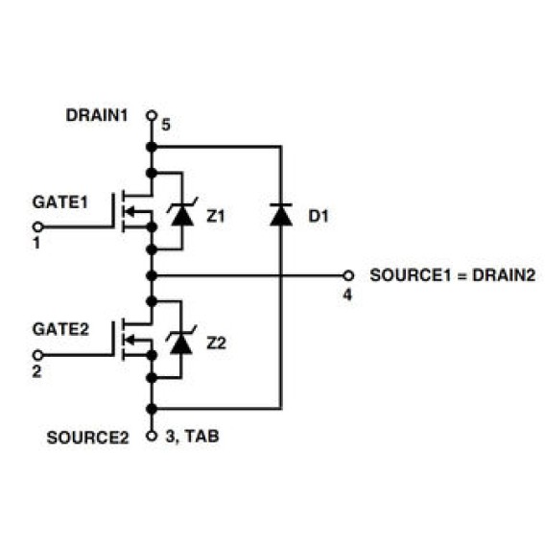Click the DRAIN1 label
[x=97, y=115]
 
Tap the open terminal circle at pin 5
[x=152, y=115]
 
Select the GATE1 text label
[x=60, y=202]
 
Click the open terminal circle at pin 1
[x=37, y=227]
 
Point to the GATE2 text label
[x=60, y=329]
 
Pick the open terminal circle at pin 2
[x=37, y=355]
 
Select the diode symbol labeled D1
[x=281, y=215]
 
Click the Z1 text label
[x=216, y=216]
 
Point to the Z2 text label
[x=216, y=344]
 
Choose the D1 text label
[x=319, y=216]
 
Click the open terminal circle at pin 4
[x=348, y=275]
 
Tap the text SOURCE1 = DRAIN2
[x=453, y=275]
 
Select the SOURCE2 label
[x=87, y=438]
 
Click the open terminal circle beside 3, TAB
[x=152, y=436]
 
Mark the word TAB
[x=201, y=437]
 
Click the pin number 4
[x=347, y=296]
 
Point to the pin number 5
[x=166, y=125]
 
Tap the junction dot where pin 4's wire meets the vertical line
[x=152, y=276]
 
